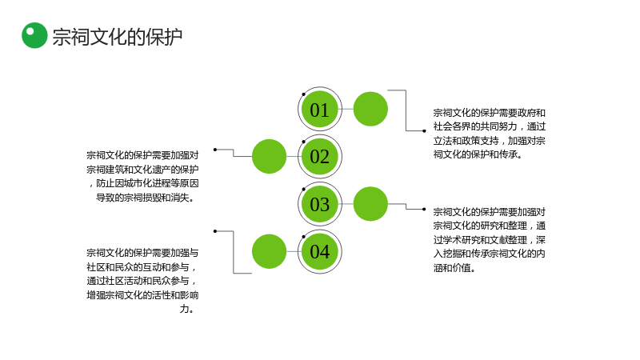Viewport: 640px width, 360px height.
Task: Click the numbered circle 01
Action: tap(319, 109)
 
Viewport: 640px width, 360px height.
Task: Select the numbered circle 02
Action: tap(319, 156)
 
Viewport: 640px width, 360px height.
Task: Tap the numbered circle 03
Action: tap(319, 204)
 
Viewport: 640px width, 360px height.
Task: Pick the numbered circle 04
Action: tap(319, 251)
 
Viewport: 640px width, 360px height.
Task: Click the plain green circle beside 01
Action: tap(370, 109)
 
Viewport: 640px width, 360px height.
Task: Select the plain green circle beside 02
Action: tap(269, 156)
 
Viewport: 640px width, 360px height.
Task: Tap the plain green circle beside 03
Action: tap(370, 204)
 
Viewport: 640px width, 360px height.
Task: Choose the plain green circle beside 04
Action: tap(269, 251)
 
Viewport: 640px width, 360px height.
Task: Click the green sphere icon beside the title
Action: tap(34, 35)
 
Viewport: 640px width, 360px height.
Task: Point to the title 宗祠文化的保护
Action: tap(117, 37)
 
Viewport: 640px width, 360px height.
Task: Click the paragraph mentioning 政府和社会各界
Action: tap(490, 134)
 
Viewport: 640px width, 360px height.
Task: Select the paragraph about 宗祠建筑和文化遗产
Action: tap(142, 176)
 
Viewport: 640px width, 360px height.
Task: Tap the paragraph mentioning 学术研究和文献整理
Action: tap(490, 239)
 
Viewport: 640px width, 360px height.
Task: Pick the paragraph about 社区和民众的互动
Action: tap(142, 281)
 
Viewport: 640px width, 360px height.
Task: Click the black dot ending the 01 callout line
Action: tap(424, 131)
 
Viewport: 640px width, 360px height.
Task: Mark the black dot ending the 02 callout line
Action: tap(215, 150)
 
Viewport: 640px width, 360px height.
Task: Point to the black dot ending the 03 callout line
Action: tap(424, 210)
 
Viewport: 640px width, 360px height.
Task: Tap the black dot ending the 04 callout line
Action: tap(215, 231)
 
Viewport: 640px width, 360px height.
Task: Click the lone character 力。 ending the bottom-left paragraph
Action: tap(187, 309)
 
